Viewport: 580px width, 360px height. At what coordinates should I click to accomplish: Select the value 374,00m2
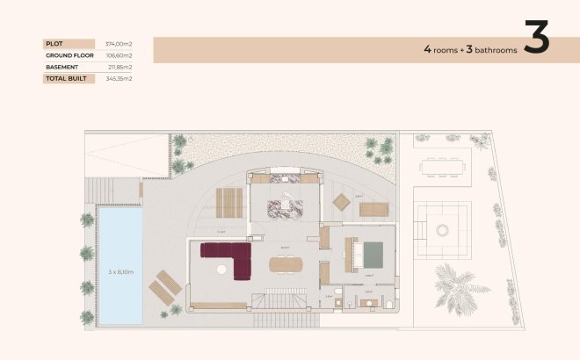tap(119, 43)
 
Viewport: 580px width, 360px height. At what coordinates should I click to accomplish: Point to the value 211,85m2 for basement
tap(119, 67)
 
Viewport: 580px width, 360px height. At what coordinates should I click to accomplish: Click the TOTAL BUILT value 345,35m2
tap(119, 79)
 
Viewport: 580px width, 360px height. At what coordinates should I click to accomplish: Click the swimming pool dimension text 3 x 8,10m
tap(120, 272)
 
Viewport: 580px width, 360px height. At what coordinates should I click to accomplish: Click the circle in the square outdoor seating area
tap(441, 229)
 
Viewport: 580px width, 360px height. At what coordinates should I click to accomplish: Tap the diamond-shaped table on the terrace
tap(341, 202)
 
